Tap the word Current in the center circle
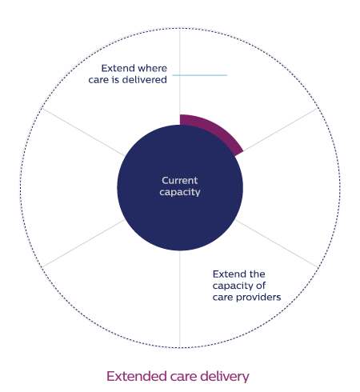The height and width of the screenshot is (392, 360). pos(180,181)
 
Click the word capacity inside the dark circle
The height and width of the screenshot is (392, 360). pos(180,192)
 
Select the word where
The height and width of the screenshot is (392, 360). pos(153,68)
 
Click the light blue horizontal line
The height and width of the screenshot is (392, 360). pos(199,75)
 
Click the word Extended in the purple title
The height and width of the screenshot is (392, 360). pos(137,376)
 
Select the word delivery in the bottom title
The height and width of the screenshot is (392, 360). pos(225,377)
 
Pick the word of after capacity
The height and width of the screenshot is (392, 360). pos(261,286)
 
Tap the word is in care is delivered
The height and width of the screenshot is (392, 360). pos(115,79)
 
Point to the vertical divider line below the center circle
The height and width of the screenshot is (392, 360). pos(180,299)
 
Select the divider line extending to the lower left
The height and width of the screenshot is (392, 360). pos(83,243)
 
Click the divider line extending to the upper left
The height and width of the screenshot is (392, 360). pos(83,132)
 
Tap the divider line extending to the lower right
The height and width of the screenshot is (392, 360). pos(277,243)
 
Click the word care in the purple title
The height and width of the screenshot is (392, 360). pos(183,377)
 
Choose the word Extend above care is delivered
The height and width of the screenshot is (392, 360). pos(118,68)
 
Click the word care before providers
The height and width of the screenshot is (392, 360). pos(223,298)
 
